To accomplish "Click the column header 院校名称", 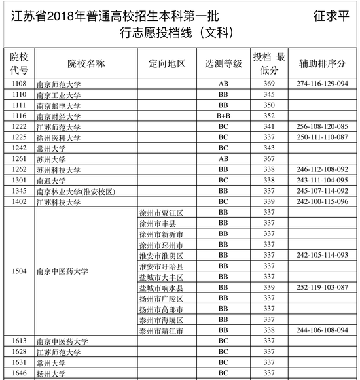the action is click(86, 63).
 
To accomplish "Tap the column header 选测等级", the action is click(223, 63).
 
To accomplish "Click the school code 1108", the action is click(18, 84).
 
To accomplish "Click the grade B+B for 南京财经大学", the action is click(223, 116).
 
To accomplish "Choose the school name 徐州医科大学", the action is click(58, 138).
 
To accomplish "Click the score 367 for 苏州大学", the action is click(268, 159).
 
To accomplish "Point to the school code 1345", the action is click(18, 192).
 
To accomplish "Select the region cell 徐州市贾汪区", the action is click(161, 213).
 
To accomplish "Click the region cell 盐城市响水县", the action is click(161, 288).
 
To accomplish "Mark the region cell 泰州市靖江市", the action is click(161, 331).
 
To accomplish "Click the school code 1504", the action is click(18, 271).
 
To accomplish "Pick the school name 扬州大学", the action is click(51, 374).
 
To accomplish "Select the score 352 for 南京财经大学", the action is click(268, 116).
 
